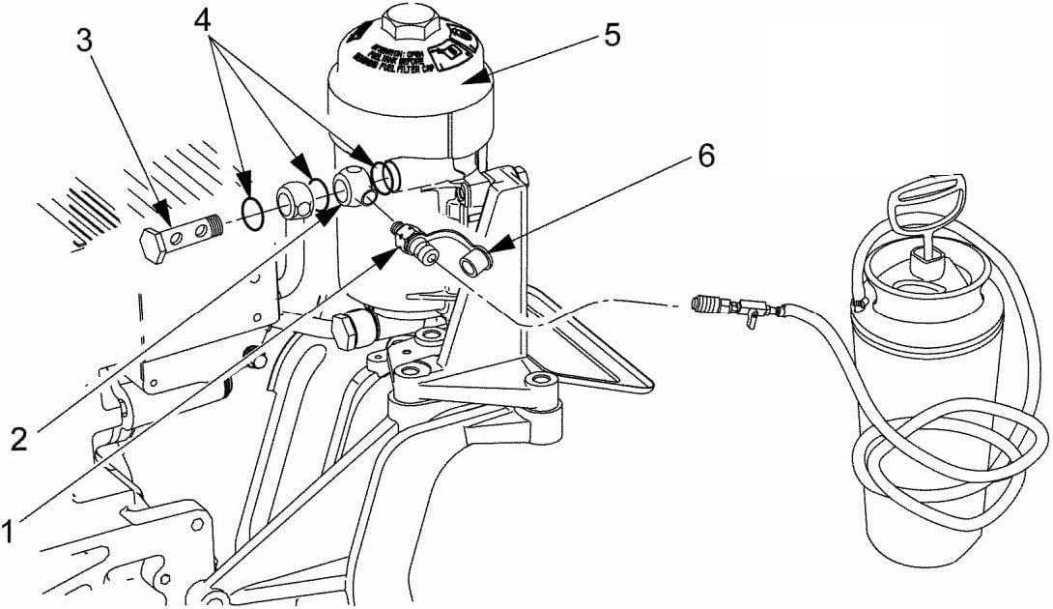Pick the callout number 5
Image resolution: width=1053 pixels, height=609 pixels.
click(611, 35)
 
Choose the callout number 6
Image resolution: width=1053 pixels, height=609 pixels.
click(706, 156)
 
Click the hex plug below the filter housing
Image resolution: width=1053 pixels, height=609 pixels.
click(349, 330)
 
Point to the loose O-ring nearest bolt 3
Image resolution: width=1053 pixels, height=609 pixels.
click(252, 214)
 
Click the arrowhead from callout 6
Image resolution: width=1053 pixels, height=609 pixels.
click(491, 254)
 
